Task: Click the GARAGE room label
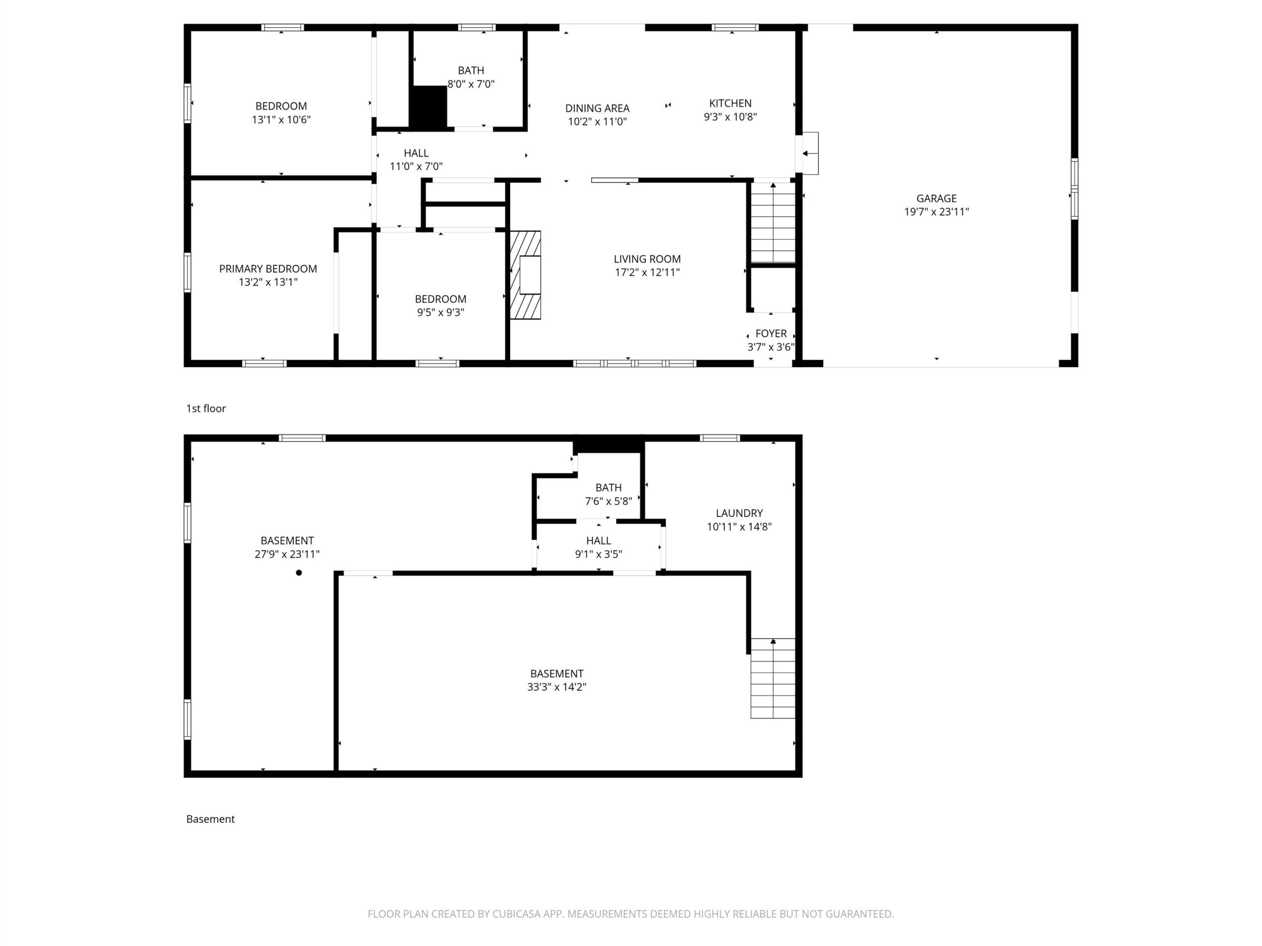pos(936,199)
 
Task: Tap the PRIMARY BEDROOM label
pos(268,269)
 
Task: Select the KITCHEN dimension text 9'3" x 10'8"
pos(730,117)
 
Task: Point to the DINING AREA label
pos(597,108)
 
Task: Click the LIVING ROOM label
pos(647,259)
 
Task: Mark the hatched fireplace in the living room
pos(526,275)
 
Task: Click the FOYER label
pos(771,334)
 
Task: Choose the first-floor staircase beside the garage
pos(773,222)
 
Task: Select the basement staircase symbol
pos(773,678)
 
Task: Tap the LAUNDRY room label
pos(739,513)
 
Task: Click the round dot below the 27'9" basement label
pos(299,573)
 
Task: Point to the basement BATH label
pos(609,488)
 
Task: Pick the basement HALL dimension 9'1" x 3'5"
pos(598,554)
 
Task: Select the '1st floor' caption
pos(206,408)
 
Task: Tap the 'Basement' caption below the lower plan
pos(210,819)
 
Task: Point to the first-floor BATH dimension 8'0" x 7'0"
pos(471,84)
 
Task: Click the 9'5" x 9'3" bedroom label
pos(440,312)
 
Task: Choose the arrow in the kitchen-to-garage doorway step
pos(808,153)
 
